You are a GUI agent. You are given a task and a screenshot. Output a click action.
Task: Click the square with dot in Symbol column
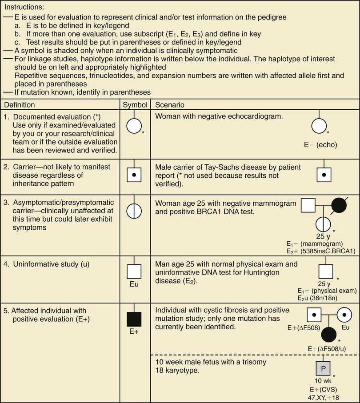coord(136,176)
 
